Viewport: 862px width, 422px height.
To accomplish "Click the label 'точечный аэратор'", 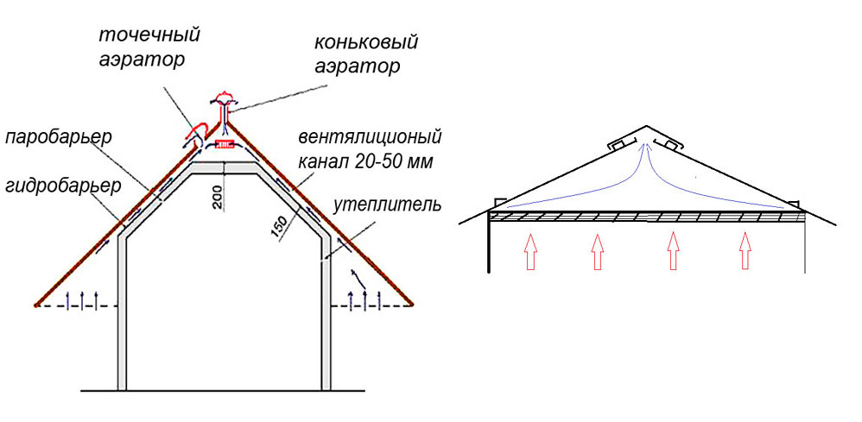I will coord(149,47).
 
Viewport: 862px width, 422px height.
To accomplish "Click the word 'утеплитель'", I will coord(387,205).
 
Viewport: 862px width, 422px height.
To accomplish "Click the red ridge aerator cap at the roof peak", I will coord(224,97).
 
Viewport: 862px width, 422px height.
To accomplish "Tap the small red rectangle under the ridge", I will coord(224,146).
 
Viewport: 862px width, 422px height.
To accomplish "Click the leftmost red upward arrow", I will coord(529,252).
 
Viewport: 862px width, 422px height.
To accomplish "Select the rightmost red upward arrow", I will coord(745,251).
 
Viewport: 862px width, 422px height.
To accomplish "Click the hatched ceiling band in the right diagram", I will coord(646,217).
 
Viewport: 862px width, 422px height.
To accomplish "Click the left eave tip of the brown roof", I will coord(37,304).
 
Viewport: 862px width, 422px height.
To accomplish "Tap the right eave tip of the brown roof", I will coord(413,304).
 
